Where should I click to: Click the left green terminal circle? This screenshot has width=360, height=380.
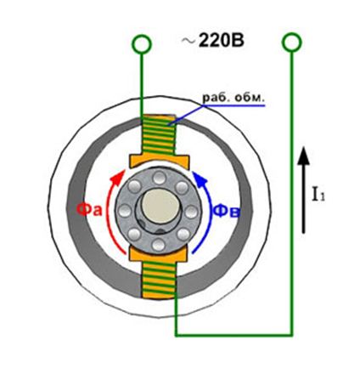tap(142, 44)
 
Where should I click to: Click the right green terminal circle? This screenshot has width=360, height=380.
tap(292, 43)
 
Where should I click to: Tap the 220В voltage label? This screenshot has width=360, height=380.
tap(221, 41)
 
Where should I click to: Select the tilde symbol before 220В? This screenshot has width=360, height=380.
tap(188, 41)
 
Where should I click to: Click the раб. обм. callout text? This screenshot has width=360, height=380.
tap(233, 98)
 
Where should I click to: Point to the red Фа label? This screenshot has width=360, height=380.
tap(89, 210)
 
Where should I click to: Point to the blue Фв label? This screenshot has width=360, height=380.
tap(227, 211)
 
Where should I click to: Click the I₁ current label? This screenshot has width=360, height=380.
tap(318, 195)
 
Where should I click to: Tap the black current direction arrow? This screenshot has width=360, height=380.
tap(303, 190)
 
